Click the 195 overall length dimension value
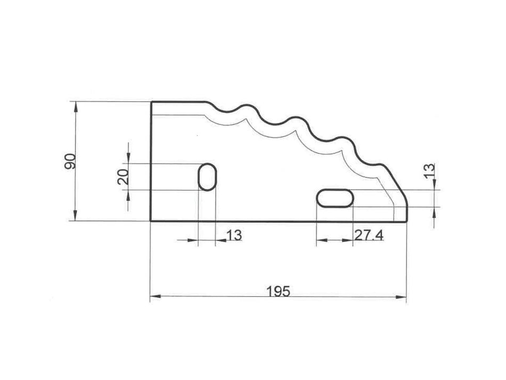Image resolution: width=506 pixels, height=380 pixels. coord(278,291)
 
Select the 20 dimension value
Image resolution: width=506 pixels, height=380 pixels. coord(123,176)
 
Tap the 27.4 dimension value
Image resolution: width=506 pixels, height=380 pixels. coord(369,235)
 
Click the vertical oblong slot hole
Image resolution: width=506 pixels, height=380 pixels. coord(207,177)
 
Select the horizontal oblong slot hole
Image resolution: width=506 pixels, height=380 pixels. coord(334,198)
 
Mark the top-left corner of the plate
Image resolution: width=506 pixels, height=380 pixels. coord(151,102)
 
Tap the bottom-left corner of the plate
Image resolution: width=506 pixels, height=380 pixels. coord(151,221)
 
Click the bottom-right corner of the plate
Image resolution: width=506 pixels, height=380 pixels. coord(406,221)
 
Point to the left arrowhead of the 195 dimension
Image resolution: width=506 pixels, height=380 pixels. coord(154,297)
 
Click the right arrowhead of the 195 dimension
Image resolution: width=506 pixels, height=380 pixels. coord(403,297)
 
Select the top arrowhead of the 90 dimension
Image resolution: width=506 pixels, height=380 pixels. coord(76,106)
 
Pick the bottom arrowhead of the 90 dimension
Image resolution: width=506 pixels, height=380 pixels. coord(76,216)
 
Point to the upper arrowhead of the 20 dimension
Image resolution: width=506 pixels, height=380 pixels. coord(128,158)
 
